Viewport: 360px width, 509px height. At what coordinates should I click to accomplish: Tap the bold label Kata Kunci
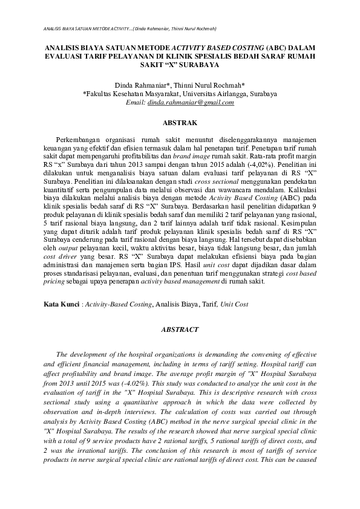[x=61, y=304]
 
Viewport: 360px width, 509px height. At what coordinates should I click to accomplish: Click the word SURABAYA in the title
[x=200, y=62]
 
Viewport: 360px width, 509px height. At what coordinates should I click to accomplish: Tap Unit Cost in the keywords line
[x=233, y=304]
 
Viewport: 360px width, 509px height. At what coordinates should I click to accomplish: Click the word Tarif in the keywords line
[x=206, y=304]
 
